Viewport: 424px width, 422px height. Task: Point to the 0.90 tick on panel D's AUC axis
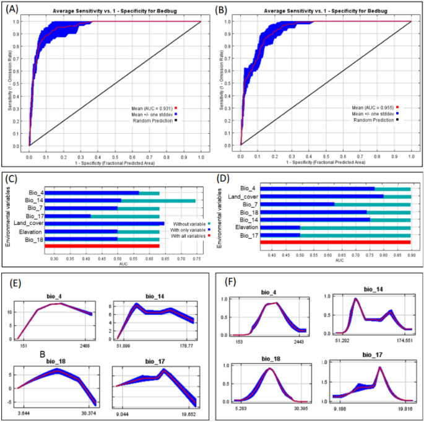(410, 254)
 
